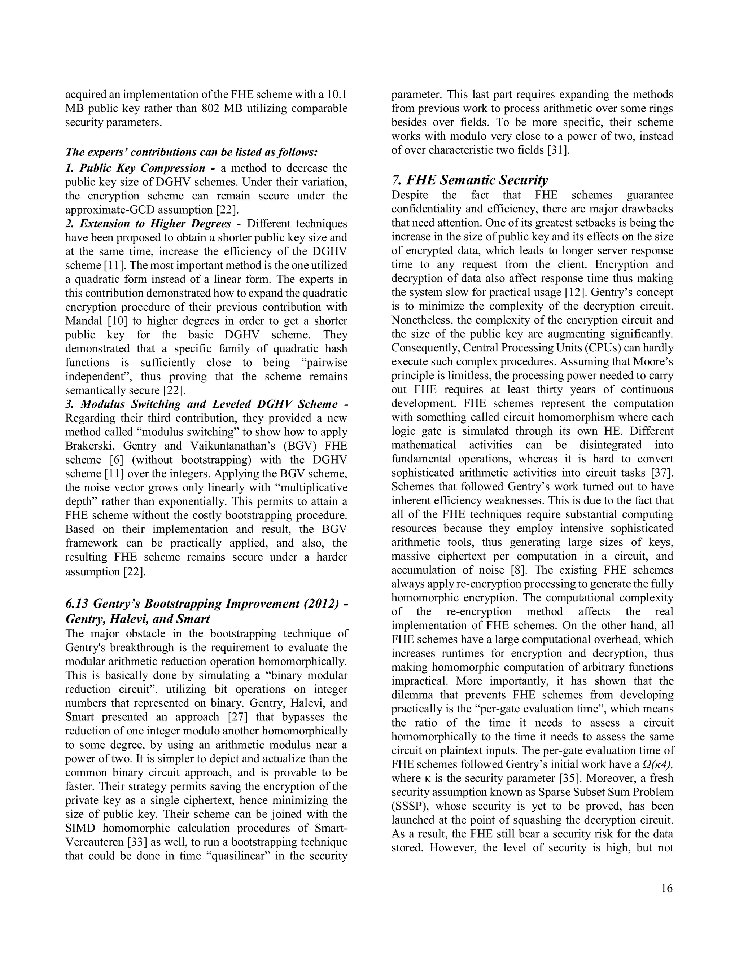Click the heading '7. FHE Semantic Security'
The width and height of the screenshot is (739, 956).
coord(469,180)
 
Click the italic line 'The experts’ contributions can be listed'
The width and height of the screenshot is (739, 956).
coord(191,152)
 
